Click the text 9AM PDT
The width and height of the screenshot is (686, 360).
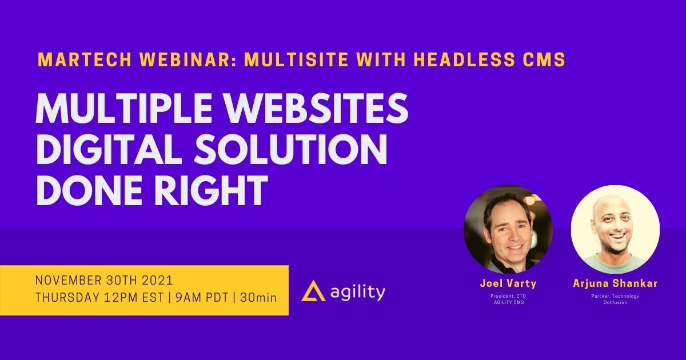tap(197, 298)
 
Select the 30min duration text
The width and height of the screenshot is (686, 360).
tap(258, 298)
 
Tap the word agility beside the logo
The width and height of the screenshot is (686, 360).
tap(358, 292)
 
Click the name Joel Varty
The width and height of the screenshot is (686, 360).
tap(507, 284)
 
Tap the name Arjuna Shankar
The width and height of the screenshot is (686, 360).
tap(615, 284)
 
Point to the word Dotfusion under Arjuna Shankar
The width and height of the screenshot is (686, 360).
tap(615, 302)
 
